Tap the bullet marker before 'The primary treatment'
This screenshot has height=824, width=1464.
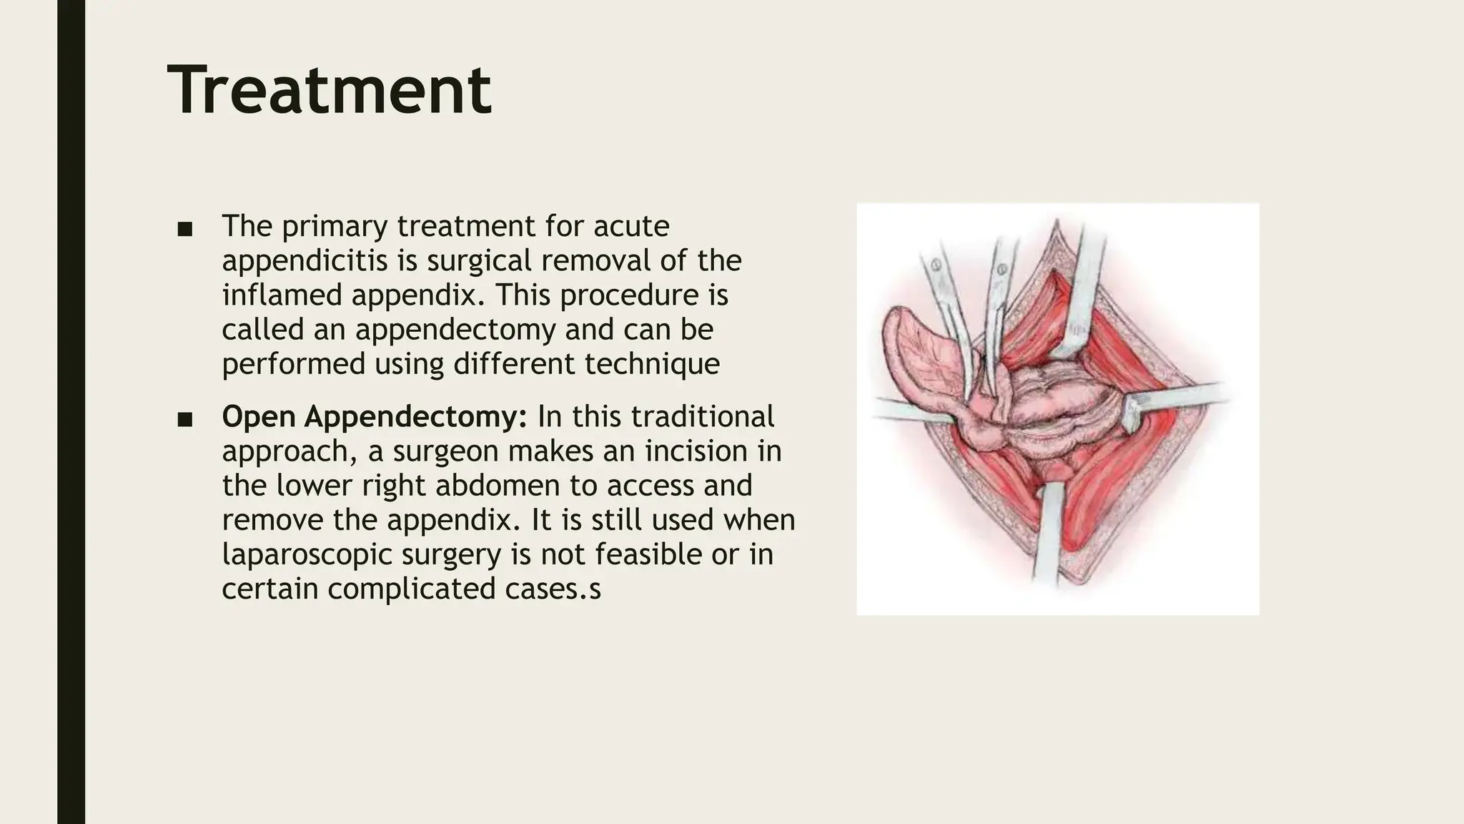pos(185,229)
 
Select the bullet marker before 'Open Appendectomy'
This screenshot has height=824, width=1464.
pos(185,419)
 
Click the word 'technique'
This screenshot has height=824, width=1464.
pos(651,364)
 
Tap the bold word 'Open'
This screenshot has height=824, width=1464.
pos(259,417)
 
